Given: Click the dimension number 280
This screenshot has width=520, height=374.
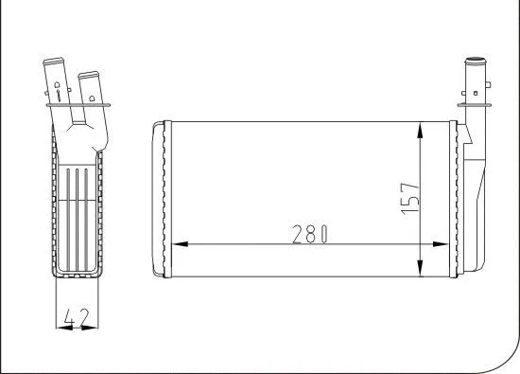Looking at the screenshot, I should (308, 233).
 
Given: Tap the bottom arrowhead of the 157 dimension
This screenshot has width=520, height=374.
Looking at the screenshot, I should (420, 265).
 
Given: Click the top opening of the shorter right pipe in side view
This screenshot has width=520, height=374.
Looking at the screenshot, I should (90, 72).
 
